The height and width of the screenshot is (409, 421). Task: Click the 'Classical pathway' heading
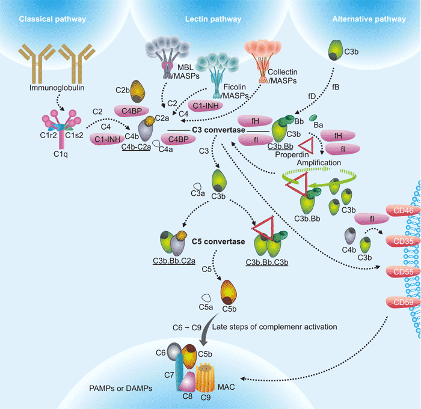click(x=52, y=19)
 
